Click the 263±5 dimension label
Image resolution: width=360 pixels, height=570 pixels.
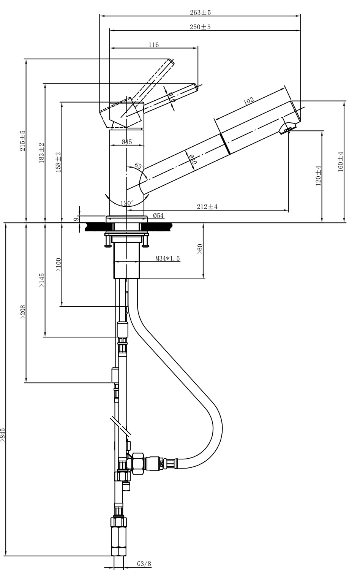click(200, 12)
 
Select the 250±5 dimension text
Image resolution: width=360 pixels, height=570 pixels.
click(200, 27)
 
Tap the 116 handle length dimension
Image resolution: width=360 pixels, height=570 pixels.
click(153, 45)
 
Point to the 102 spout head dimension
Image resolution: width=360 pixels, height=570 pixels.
click(248, 101)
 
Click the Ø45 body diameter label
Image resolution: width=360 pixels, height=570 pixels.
click(126, 142)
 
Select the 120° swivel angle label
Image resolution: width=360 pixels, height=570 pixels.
click(127, 203)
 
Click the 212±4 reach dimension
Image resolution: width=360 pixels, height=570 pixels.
click(207, 206)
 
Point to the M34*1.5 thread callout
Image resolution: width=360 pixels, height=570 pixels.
click(167, 258)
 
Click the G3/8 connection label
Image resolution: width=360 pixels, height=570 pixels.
click(144, 564)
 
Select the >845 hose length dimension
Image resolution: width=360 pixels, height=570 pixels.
click(3, 435)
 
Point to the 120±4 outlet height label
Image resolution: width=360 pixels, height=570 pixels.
click(318, 175)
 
